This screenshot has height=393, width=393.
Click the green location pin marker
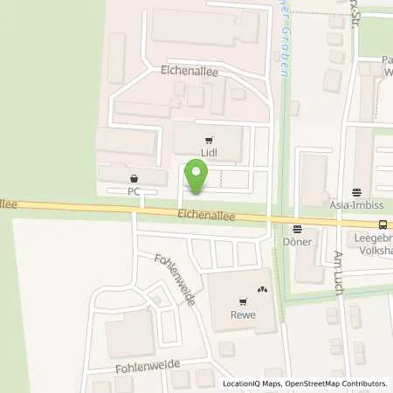[196, 179]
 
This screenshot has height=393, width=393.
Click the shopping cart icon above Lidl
[208, 141]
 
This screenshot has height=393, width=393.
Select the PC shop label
[134, 189]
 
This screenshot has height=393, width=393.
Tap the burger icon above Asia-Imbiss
[356, 192]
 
